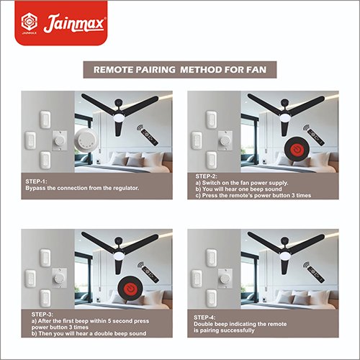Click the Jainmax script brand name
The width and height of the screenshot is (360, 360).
tap(74, 23)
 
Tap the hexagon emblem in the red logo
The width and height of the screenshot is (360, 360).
tap(30, 22)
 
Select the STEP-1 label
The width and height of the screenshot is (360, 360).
tap(36, 181)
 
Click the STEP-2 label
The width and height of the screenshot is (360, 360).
tap(206, 176)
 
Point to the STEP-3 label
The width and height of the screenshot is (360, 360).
tap(42, 315)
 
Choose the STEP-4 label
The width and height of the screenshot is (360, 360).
tap(204, 318)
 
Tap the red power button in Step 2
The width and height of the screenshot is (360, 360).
tap(297, 150)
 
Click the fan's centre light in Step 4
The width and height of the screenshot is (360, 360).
tap(286, 256)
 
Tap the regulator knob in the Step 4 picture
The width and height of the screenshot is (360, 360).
tap(225, 279)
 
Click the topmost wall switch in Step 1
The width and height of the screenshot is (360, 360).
tap(45, 120)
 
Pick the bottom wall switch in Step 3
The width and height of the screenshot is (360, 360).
tap(45, 298)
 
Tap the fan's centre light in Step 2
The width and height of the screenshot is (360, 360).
tap(286, 117)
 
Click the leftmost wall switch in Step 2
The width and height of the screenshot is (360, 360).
tap(197, 140)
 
